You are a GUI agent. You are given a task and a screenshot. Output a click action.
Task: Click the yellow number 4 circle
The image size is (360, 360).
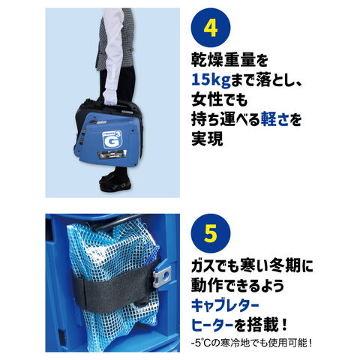[x=211, y=28]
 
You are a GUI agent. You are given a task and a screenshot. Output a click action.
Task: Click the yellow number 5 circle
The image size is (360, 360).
[x=211, y=233]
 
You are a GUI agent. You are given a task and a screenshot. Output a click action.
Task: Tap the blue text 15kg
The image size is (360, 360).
[x=211, y=80]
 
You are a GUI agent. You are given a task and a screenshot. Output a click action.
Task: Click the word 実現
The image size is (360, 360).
[x=207, y=139]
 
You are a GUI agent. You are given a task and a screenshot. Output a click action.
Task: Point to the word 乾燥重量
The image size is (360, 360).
[x=223, y=61]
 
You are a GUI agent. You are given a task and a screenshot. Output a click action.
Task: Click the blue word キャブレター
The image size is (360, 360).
[x=225, y=305]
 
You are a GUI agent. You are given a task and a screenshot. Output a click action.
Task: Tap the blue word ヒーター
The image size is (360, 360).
[x=212, y=325]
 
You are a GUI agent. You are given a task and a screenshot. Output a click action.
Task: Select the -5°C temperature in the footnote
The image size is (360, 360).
[x=199, y=343]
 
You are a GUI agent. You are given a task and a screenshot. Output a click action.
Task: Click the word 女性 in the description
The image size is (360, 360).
[x=207, y=100]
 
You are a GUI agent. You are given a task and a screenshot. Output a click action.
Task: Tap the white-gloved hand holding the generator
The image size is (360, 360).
[x=110, y=96]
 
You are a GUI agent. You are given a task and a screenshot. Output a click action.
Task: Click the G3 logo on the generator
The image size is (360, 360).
[x=112, y=139]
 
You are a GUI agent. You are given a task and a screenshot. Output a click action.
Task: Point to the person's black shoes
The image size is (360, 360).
[x=115, y=181]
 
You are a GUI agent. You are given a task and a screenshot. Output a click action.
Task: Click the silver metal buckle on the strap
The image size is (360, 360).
[x=162, y=277]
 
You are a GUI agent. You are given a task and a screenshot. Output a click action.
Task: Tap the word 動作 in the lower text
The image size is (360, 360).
[x=207, y=286]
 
